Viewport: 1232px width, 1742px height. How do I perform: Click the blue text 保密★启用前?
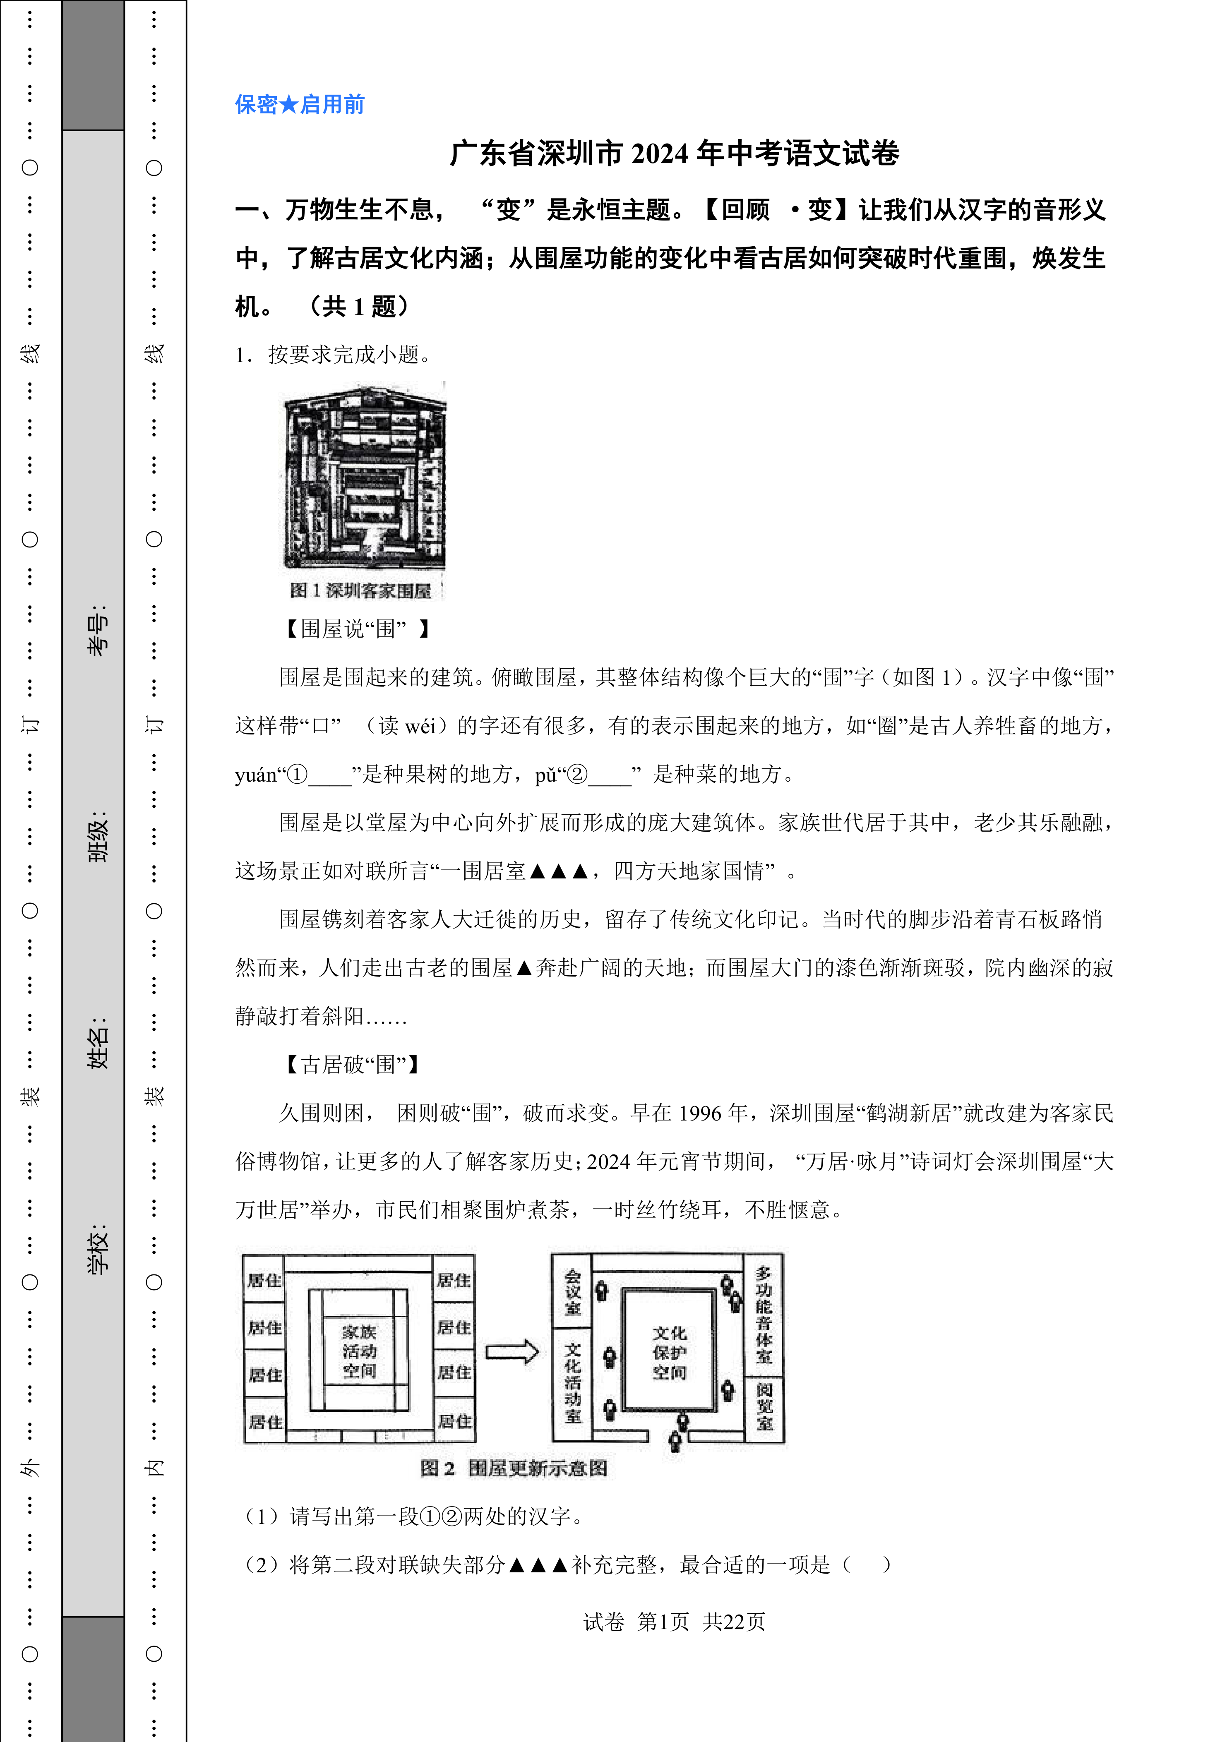(300, 105)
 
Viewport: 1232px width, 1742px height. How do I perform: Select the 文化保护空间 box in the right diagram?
(669, 1352)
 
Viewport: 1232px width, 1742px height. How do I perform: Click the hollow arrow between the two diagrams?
(512, 1352)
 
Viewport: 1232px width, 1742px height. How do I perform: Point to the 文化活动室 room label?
(573, 1382)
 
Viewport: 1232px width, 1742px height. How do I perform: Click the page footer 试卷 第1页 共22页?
(674, 1621)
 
